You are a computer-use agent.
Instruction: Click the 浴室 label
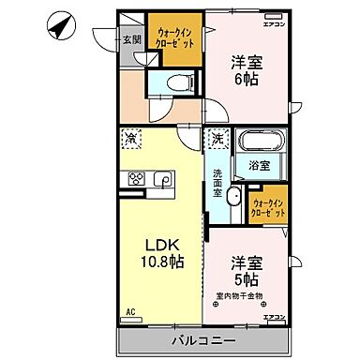click(258, 165)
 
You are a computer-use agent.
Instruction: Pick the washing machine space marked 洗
click(217, 139)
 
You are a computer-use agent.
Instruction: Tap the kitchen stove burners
click(134, 178)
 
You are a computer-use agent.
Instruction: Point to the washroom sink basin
click(233, 202)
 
